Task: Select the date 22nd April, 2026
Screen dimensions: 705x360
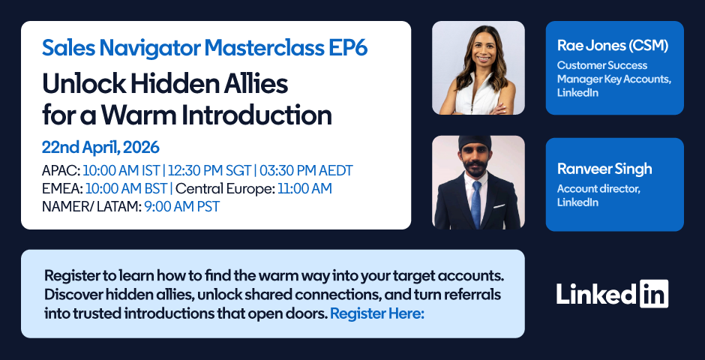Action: [100, 148]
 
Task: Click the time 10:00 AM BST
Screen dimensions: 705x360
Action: [126, 189]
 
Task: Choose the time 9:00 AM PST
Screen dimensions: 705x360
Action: [182, 207]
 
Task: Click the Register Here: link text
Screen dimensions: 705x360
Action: [377, 313]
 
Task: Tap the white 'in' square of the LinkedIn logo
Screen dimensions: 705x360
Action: [654, 294]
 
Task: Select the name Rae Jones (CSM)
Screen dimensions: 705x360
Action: [613, 46]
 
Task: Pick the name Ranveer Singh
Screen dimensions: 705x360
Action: [604, 169]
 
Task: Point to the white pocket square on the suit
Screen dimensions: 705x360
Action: [499, 206]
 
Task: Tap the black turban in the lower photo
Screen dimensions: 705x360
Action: [475, 143]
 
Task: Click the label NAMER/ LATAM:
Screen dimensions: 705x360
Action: [91, 207]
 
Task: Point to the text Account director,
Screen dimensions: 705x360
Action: [599, 189]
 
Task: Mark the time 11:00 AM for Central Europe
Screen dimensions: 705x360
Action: [304, 189]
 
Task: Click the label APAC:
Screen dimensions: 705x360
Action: [61, 171]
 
